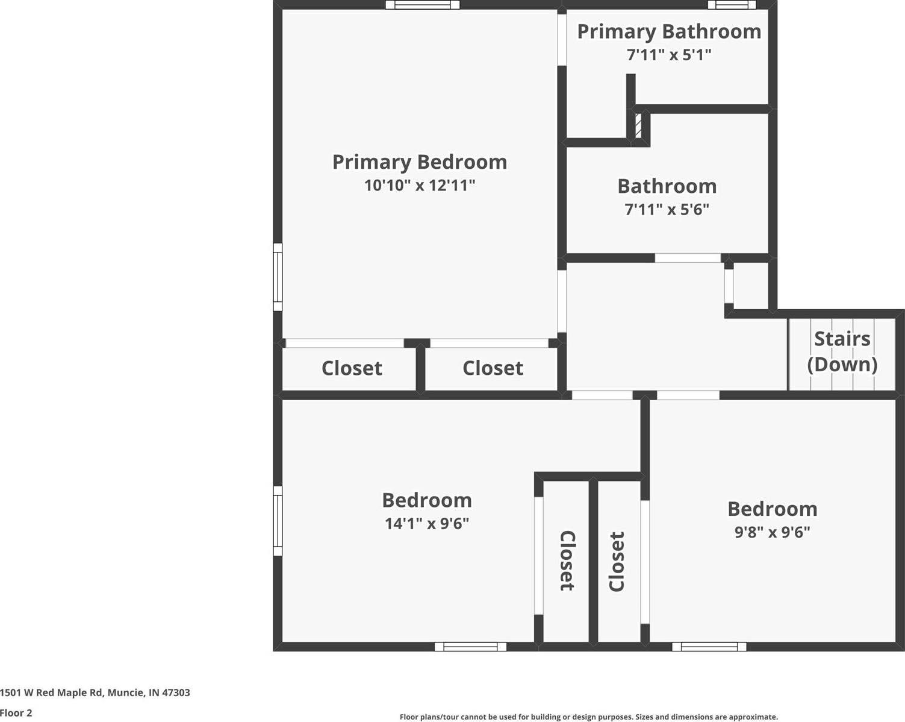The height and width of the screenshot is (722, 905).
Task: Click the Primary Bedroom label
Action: pyautogui.click(x=420, y=162)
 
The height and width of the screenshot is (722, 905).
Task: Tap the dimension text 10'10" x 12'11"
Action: pyautogui.click(x=420, y=185)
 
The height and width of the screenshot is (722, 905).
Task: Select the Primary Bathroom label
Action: pyautogui.click(x=669, y=31)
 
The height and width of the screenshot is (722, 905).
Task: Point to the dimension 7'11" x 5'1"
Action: pyautogui.click(x=669, y=55)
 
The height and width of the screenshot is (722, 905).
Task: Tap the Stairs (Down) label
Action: pyautogui.click(x=842, y=351)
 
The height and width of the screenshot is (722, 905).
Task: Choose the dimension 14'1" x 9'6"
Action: pyautogui.click(x=427, y=523)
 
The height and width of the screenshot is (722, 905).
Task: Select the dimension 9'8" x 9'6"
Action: pyautogui.click(x=772, y=532)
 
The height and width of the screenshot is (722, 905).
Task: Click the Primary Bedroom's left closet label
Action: pyautogui.click(x=352, y=368)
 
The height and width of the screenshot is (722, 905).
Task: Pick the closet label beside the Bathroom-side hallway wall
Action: pyautogui.click(x=493, y=368)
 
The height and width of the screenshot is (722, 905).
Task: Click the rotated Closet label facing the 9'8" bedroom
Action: pyautogui.click(x=617, y=561)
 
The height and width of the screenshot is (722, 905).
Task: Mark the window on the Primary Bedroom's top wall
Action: pyautogui.click(x=423, y=5)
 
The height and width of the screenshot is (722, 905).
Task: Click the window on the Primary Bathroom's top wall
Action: pyautogui.click(x=732, y=5)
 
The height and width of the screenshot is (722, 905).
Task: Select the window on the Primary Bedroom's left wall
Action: pyautogui.click(x=278, y=277)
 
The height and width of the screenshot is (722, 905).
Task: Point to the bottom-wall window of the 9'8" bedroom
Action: pyautogui.click(x=709, y=647)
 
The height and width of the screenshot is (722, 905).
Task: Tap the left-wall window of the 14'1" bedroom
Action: pyautogui.click(x=278, y=521)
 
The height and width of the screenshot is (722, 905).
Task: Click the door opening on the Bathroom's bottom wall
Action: pyautogui.click(x=688, y=258)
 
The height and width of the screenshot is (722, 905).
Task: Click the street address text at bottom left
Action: pyautogui.click(x=95, y=692)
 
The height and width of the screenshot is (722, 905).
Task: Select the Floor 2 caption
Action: pyautogui.click(x=16, y=713)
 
